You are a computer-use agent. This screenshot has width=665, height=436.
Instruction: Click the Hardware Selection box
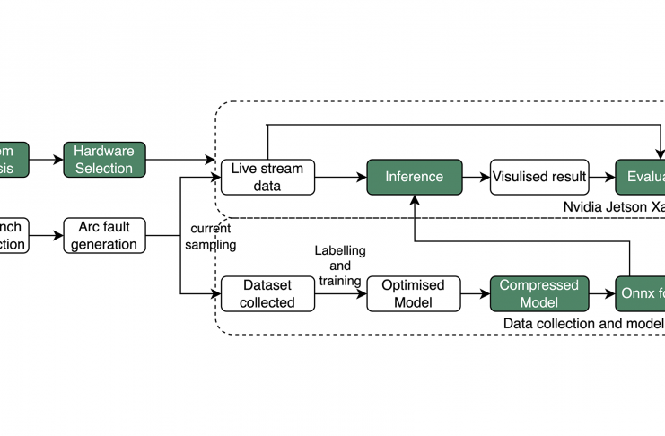[104, 160]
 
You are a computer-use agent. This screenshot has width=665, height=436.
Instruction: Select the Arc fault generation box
[104, 235]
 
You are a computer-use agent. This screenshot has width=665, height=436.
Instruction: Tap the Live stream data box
[267, 177]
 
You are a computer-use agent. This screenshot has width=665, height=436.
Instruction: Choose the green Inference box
[414, 177]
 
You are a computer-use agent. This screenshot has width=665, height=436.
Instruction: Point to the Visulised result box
[538, 177]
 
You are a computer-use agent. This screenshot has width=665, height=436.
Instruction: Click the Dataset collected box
[267, 293]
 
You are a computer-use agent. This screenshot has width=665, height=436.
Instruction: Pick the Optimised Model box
[414, 293]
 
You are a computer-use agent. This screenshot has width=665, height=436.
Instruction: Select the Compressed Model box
[539, 293]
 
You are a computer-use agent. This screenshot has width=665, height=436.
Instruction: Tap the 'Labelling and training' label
[340, 266]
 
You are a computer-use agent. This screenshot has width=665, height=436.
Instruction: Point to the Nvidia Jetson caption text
[614, 206]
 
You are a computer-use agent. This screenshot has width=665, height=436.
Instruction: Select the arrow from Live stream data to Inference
[341, 177]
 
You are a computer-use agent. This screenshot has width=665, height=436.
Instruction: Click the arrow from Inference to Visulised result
[476, 177]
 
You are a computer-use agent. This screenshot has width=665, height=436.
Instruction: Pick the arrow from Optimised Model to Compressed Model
[475, 293]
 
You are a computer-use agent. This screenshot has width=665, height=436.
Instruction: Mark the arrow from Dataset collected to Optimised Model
[341, 293]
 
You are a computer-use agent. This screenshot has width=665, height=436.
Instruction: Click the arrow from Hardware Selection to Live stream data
[183, 161]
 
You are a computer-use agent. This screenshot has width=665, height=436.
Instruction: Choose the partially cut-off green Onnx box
[641, 293]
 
